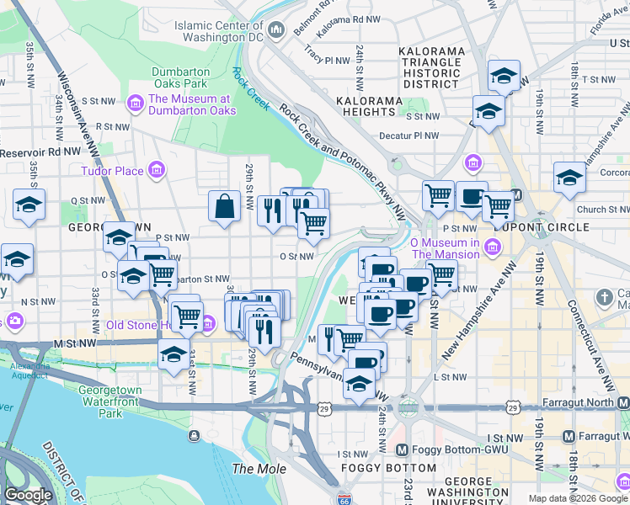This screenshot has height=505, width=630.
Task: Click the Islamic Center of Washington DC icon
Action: point(276,32)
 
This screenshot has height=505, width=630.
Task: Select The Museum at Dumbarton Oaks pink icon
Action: point(134,104)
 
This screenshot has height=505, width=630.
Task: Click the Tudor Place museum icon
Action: point(155,172)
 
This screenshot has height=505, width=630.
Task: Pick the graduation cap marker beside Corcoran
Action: point(569,178)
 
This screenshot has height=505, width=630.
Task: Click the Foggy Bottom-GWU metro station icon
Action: point(402,449)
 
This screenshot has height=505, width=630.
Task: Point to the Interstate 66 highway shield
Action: point(343,499)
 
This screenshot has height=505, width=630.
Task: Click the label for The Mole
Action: point(259,469)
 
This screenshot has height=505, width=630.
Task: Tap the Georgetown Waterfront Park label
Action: point(111,401)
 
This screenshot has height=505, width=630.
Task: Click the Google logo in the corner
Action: point(28,495)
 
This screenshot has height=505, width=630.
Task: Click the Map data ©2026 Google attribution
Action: point(577,498)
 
